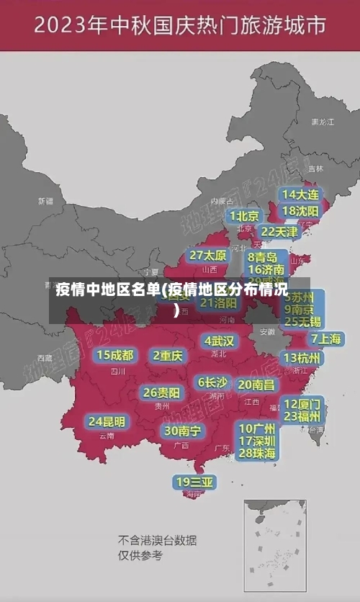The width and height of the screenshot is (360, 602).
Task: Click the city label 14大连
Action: click(x=300, y=194)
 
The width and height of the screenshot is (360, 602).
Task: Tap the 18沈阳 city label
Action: click(x=300, y=211)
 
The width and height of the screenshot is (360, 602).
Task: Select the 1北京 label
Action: click(x=245, y=216)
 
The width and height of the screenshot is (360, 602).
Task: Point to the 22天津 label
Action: click(x=279, y=232)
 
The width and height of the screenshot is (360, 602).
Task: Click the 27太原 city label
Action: click(x=208, y=256)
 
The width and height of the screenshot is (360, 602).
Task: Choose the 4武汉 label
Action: click(x=219, y=341)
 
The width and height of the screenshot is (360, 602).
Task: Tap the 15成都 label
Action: click(x=115, y=355)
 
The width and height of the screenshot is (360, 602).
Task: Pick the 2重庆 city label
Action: click(x=168, y=356)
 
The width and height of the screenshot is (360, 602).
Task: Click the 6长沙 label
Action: click(x=212, y=382)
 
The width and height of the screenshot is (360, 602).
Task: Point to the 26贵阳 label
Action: click(x=161, y=392)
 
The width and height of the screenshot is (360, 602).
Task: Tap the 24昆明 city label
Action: click(x=107, y=421)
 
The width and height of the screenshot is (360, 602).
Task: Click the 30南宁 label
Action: click(x=182, y=431)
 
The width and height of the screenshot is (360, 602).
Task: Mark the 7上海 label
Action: click(x=325, y=338)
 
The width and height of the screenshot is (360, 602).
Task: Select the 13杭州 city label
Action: click(x=302, y=358)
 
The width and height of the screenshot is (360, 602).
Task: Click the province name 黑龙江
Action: click(x=322, y=122)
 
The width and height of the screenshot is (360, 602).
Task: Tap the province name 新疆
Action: click(x=45, y=201)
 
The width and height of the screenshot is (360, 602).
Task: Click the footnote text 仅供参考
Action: click(x=140, y=555)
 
